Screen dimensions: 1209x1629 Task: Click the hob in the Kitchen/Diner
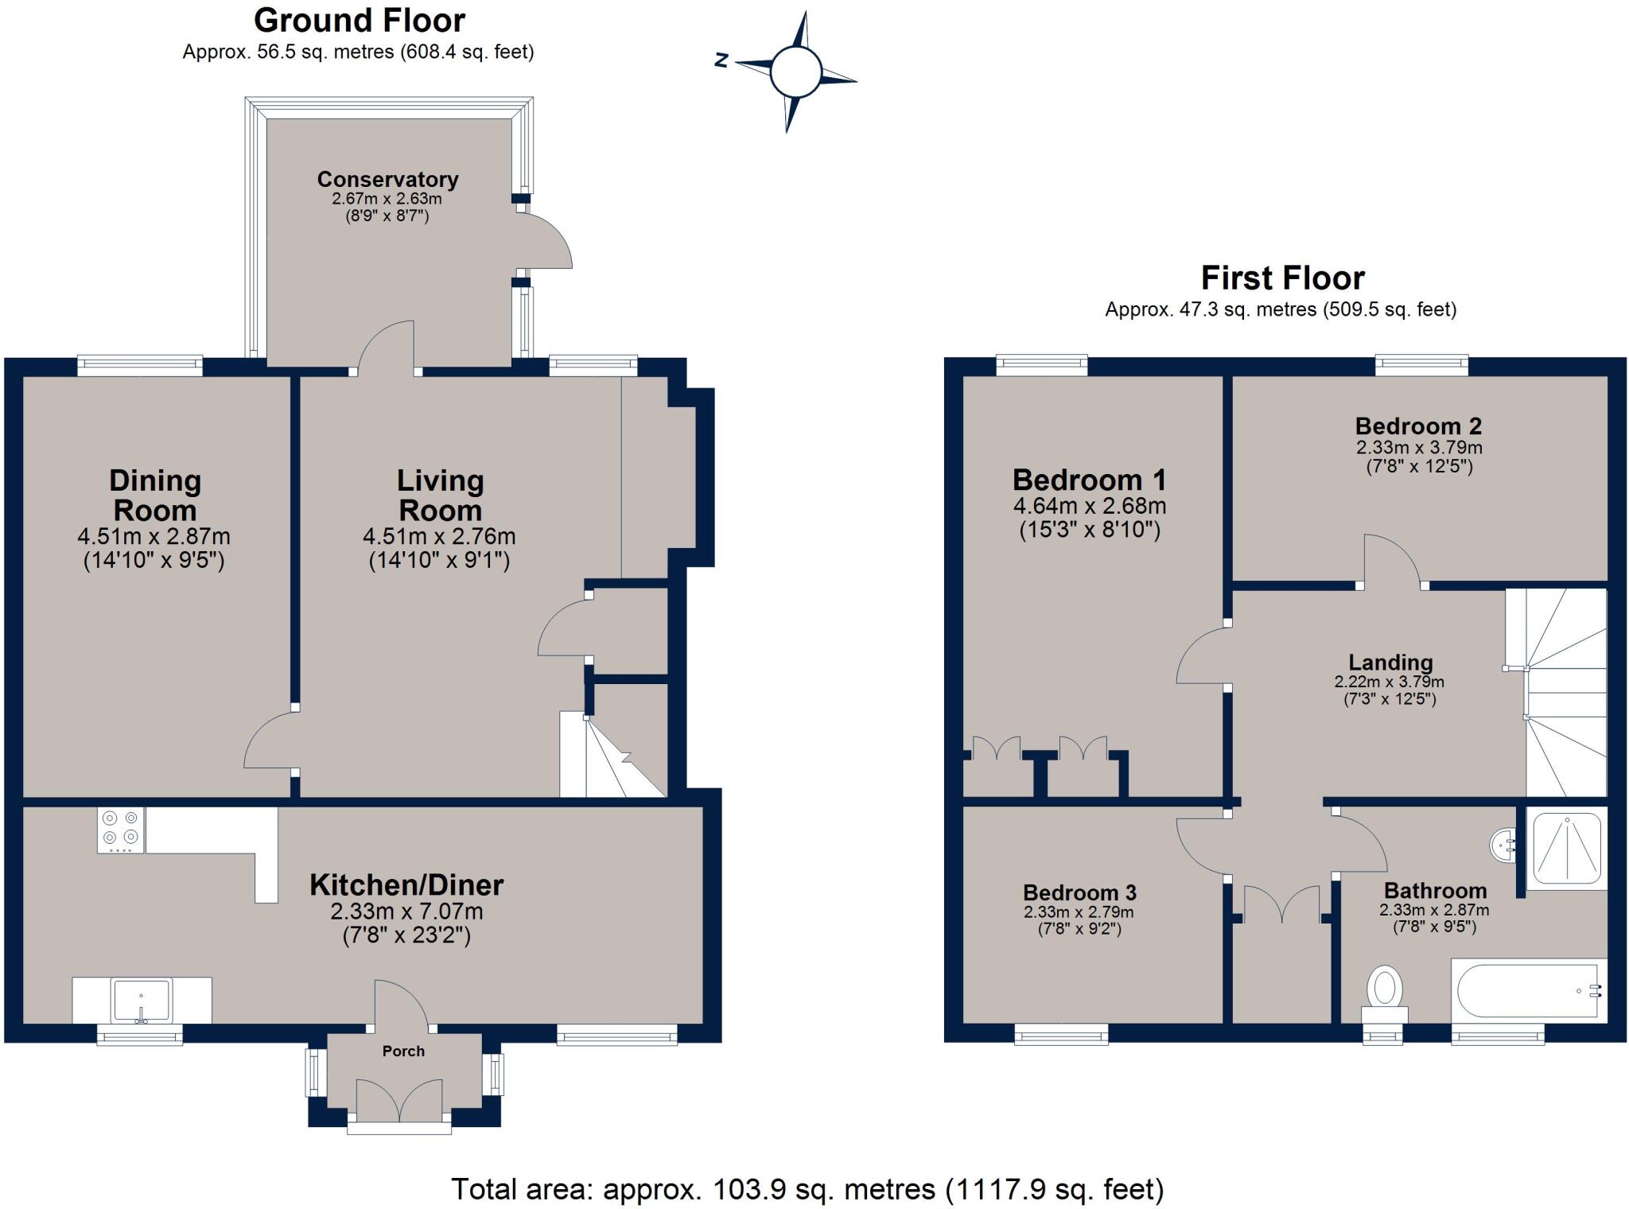coord(121,830)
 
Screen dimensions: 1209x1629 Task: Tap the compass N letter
coord(721,60)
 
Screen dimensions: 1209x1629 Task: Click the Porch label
coord(403,1052)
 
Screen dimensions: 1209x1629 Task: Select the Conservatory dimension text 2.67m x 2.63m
coord(387,199)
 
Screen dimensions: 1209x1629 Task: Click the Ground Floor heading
coord(360,20)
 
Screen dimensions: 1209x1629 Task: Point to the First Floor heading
coord(1282,278)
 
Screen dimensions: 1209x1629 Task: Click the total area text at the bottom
coord(807,1189)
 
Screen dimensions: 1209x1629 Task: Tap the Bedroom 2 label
coord(1418,426)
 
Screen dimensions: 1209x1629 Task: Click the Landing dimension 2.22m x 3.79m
coord(1389,682)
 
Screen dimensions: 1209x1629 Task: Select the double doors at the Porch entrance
coord(399,1102)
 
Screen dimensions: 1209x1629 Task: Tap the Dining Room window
coord(140,365)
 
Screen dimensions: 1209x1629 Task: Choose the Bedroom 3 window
coord(1061,1034)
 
